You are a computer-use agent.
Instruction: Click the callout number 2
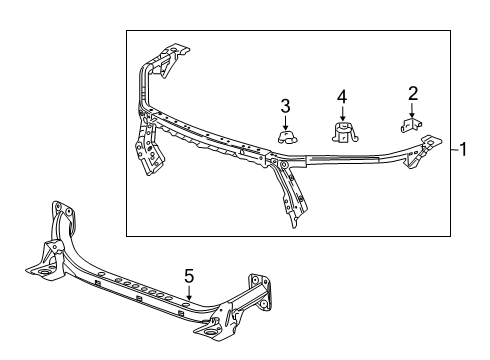pyautogui.click(x=411, y=93)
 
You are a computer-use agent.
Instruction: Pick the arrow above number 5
pyautogui.click(x=187, y=290)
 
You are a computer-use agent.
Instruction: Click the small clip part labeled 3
pyautogui.click(x=286, y=136)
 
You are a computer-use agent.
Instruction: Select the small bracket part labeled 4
pyautogui.click(x=341, y=133)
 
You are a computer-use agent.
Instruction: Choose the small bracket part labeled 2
pyautogui.click(x=409, y=126)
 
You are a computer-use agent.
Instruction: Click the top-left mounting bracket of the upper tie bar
pyautogui.click(x=168, y=55)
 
